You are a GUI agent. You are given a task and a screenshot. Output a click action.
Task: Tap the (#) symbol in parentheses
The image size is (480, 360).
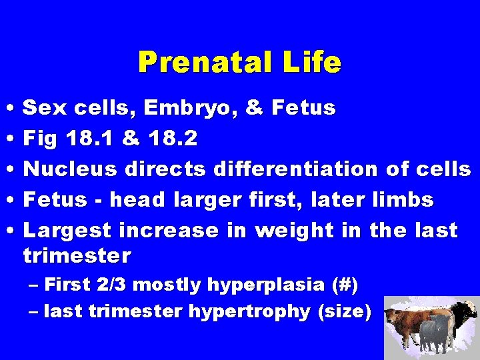(344, 285)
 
